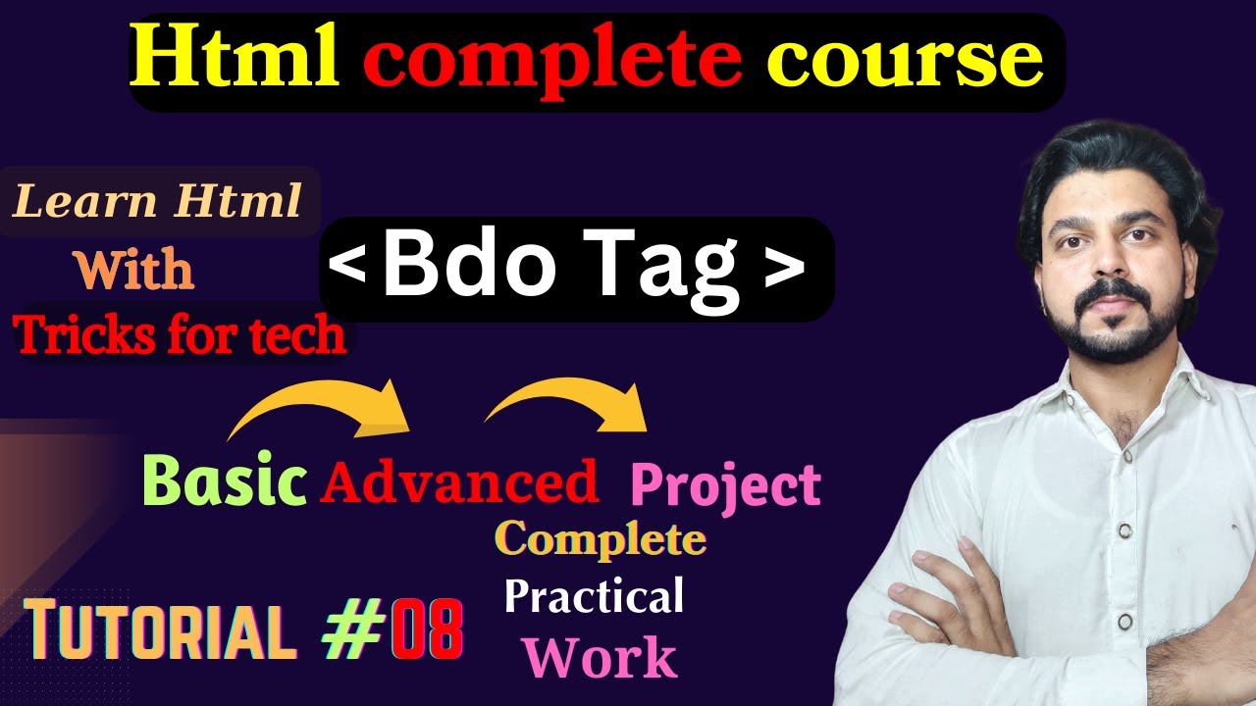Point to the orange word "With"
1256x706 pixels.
pos(134,270)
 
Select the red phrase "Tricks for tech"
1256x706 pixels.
pos(181,336)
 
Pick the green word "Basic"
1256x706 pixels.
pos(225,481)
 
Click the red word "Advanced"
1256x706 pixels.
pos(459,482)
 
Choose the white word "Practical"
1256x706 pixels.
pos(594,596)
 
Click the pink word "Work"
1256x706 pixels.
pos(600,658)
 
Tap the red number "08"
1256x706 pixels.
pos(427,632)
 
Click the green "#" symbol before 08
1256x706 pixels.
pos(354,632)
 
